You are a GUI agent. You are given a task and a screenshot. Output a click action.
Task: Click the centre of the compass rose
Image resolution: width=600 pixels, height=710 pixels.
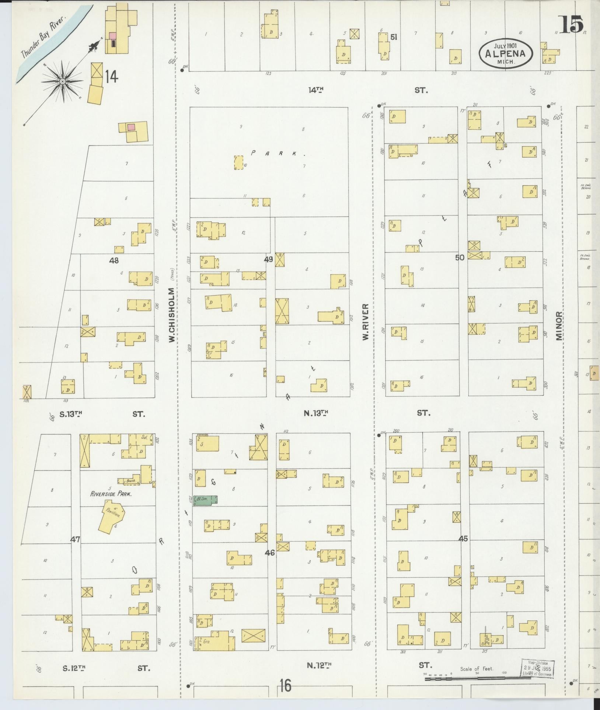tap(63, 81)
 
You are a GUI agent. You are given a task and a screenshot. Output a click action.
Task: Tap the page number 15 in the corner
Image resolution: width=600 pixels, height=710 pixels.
tap(572, 25)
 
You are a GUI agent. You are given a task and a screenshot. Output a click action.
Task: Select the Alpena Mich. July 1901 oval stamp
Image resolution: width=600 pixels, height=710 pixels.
tap(506, 53)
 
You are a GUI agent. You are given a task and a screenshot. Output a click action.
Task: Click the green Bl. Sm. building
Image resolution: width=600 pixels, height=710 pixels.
tap(206, 499)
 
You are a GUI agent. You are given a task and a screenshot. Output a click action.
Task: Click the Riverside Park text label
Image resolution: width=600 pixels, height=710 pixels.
tap(111, 494)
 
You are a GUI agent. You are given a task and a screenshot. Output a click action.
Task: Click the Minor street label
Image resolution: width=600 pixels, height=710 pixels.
tap(560, 326)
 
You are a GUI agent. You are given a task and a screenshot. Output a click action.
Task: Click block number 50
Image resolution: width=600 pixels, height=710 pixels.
tap(460, 258)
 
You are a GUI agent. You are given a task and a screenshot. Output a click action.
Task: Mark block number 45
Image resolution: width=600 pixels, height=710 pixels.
tap(463, 539)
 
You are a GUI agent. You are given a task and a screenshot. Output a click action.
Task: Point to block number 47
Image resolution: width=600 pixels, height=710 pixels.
tap(76, 539)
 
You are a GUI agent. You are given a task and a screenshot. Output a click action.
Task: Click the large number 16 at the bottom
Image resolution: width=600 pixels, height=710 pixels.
tap(285, 686)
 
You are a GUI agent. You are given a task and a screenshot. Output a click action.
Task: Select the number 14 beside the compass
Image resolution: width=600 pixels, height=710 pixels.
tap(111, 77)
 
